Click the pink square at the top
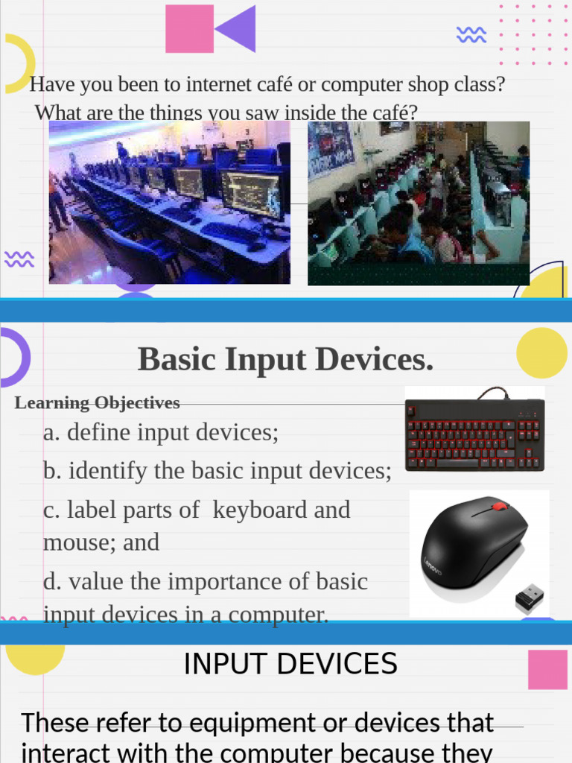[189, 29]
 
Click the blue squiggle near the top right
[471, 34]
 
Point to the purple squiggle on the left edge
[19, 259]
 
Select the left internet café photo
[169, 202]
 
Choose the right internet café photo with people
[418, 203]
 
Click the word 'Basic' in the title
[177, 360]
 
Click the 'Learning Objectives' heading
[97, 403]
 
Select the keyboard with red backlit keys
[474, 434]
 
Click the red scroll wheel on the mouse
[500, 507]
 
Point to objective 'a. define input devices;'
[161, 432]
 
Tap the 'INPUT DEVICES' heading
[290, 664]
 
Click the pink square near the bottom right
[547, 669]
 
